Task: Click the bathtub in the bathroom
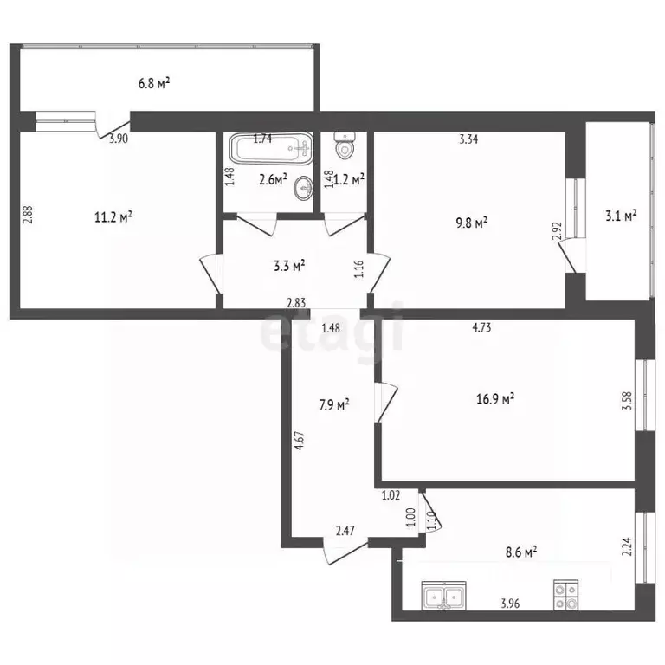[x=271, y=148]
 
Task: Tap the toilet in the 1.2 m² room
[x=344, y=145]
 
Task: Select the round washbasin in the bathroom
[x=304, y=187]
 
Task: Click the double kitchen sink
[x=443, y=596]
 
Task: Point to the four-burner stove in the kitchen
[x=565, y=596]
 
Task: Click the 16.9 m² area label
[x=495, y=399]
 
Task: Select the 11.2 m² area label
[x=113, y=217]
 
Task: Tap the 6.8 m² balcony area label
[x=154, y=83]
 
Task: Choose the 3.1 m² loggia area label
[x=621, y=216]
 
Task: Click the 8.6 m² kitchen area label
[x=521, y=552]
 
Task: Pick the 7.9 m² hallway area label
[x=334, y=404]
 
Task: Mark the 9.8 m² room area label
[x=471, y=223]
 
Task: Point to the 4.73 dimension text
[x=481, y=327]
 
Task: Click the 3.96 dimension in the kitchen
[x=510, y=603]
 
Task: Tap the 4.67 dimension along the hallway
[x=300, y=440]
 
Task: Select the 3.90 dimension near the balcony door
[x=119, y=139]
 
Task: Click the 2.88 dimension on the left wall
[x=28, y=215]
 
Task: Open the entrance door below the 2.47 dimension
[x=345, y=552]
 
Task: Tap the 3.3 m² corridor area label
[x=289, y=266]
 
